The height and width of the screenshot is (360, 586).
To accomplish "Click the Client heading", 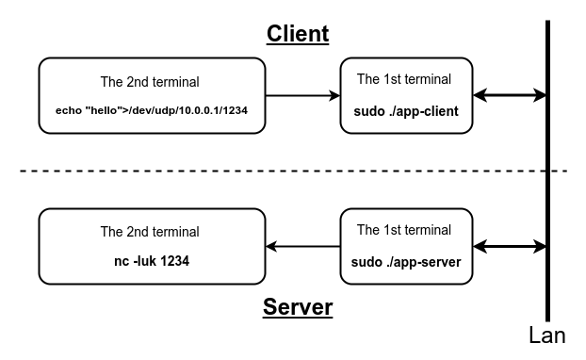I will tap(298, 34).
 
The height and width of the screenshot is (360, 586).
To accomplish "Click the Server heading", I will tap(298, 308).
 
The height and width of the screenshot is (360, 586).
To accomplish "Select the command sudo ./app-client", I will tap(406, 111).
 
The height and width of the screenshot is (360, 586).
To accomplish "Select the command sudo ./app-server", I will tap(406, 263).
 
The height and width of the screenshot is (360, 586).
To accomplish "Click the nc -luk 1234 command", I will tap(150, 262).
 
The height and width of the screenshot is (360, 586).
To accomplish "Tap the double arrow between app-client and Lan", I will tap(510, 95).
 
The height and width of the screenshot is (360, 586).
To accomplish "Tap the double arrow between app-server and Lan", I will tap(510, 247).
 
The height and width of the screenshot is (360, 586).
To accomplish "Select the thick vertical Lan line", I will tap(547, 188).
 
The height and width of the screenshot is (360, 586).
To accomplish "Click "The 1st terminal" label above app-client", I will tap(404, 79).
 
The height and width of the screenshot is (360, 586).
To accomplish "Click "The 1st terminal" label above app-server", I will tap(404, 230).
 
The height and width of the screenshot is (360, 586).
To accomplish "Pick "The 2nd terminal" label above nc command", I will tap(150, 231).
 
